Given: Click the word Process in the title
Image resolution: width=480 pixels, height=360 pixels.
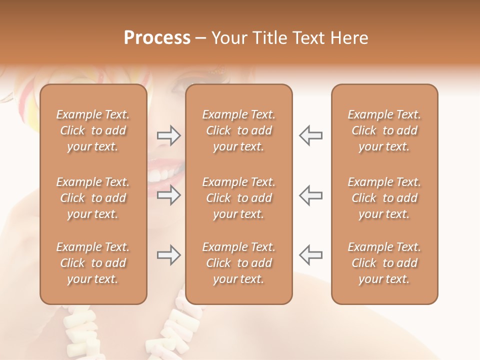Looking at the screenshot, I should (x=157, y=38).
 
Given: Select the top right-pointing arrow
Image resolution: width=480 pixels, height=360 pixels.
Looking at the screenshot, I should (x=168, y=135).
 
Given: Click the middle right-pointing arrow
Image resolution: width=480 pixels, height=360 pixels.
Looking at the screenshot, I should (x=168, y=195).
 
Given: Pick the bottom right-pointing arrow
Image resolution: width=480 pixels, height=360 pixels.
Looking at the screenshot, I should (x=168, y=255).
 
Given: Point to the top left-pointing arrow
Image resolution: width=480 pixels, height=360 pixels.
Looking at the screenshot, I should (x=310, y=135).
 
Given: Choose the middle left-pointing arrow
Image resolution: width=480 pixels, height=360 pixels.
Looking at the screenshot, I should (x=310, y=195).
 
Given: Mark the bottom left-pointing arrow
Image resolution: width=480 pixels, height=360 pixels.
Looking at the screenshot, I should (x=310, y=255).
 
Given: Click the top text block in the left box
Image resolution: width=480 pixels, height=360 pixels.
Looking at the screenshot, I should (x=93, y=130).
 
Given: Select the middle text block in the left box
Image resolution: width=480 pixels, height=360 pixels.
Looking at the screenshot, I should (x=93, y=198).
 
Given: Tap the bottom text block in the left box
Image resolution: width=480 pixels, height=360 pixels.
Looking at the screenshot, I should (x=93, y=263).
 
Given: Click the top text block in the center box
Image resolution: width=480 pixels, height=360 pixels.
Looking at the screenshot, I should (x=239, y=130).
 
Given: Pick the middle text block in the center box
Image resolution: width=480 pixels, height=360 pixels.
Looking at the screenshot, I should (x=239, y=198).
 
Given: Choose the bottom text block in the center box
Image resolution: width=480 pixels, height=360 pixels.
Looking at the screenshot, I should (x=239, y=263).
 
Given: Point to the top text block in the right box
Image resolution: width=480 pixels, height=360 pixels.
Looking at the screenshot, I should (x=384, y=130).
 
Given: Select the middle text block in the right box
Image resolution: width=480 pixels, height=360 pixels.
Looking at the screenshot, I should (x=384, y=198).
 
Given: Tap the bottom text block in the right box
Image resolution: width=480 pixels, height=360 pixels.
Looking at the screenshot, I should (x=384, y=263).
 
